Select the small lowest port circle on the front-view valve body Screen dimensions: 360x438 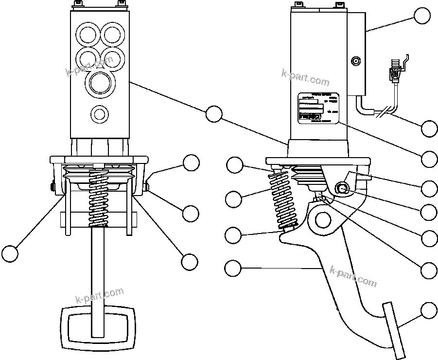pos(100,114)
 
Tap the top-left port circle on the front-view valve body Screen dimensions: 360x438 pos(88,35)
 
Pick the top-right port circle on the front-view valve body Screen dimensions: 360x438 pos(112,35)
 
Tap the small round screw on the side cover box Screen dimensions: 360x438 pos(356,61)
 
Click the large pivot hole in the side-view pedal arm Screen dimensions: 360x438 pos(321,220)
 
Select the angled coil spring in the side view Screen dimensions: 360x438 pos(284,199)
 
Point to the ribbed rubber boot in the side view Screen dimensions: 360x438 pos(307,176)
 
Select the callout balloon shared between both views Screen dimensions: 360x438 pos(213,113)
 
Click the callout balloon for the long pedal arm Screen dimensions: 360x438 pos(233,267)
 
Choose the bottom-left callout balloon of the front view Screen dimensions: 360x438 pos(10,253)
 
